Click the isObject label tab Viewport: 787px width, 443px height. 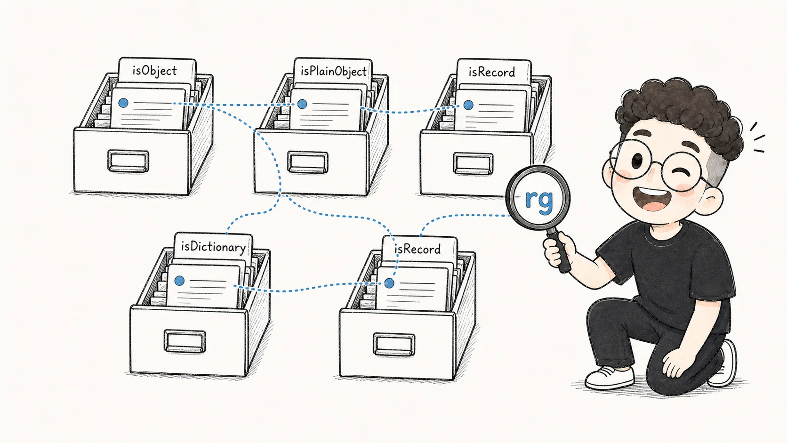coord(157,71)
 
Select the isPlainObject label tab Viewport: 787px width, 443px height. coord(333,71)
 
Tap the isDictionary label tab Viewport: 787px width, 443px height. coord(213,247)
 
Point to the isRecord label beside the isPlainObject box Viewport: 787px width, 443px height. coord(494,72)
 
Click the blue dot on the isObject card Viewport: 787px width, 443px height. coord(123,103)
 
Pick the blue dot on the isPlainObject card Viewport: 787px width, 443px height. coord(302,104)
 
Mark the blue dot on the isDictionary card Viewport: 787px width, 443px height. coord(179,280)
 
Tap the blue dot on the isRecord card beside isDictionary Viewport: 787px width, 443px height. coord(389,283)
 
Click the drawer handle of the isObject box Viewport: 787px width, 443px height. coord(128,161)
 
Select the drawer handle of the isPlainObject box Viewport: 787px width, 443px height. coord(308,162)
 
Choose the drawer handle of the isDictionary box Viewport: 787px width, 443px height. coord(185,341)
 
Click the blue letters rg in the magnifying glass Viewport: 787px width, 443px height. coord(539,201)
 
